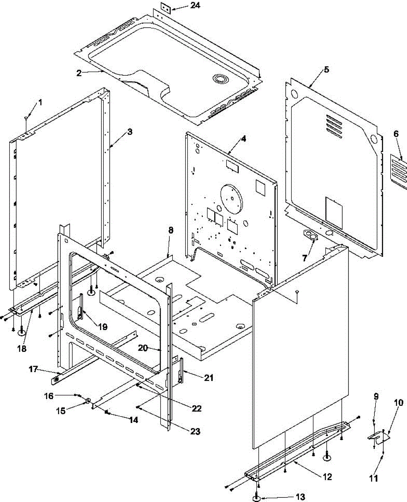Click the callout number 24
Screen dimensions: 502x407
tap(183, 6)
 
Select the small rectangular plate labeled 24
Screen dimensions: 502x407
tap(164, 8)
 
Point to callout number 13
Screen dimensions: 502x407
tap(300, 497)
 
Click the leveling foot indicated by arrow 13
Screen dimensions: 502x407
tap(256, 498)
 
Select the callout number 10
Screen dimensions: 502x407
tap(398, 403)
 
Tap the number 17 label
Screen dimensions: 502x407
tap(33, 369)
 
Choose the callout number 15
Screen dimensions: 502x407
tap(61, 411)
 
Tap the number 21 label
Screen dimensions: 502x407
tap(208, 378)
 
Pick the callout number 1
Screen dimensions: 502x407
tap(40, 102)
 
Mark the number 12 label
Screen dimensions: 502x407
tap(327, 476)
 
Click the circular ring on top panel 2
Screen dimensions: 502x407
tap(220, 79)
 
